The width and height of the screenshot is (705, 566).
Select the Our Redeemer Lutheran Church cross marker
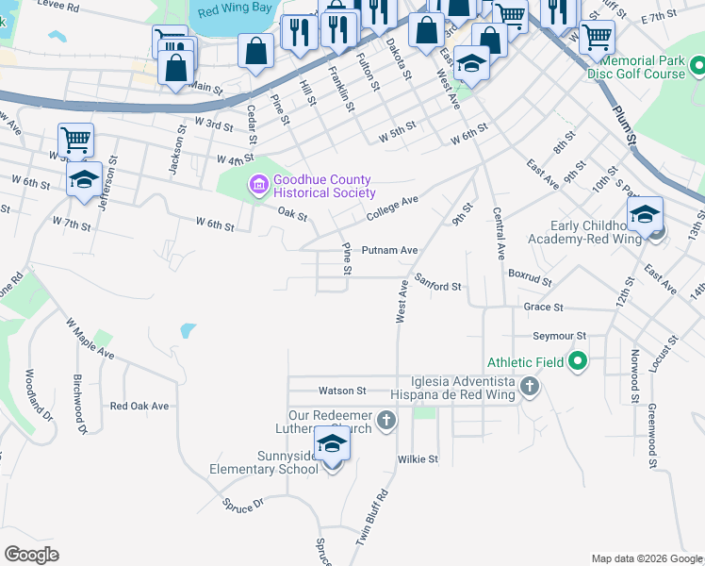click(385, 420)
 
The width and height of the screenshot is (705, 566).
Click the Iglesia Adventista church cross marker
click(530, 385)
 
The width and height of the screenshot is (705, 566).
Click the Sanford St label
click(437, 287)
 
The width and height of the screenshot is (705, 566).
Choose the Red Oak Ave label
click(139, 406)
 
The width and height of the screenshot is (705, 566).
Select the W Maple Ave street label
click(90, 339)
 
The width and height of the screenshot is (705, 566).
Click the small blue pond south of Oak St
click(188, 331)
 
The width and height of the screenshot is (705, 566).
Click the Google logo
click(32, 555)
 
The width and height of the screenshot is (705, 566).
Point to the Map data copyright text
click(646, 558)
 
